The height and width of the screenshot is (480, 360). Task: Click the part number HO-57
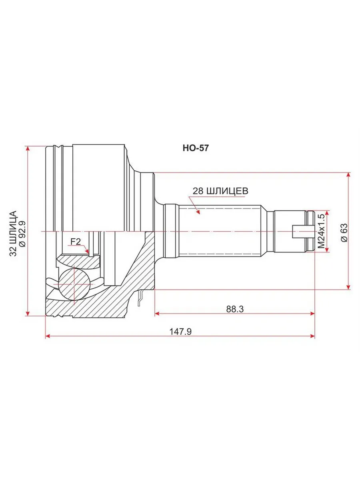coord(196,148)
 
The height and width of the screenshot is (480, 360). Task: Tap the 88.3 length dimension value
coord(235,309)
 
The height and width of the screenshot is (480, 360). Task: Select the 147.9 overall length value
coord(180,332)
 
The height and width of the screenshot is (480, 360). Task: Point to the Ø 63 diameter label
coord(344,232)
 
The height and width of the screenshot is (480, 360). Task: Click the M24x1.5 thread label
coord(321,231)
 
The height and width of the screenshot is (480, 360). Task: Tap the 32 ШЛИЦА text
coord(13,233)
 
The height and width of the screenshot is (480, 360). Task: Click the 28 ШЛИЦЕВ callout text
coord(220,191)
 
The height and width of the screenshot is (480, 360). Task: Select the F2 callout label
coord(76,242)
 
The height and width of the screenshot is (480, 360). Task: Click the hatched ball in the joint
coord(74,284)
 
